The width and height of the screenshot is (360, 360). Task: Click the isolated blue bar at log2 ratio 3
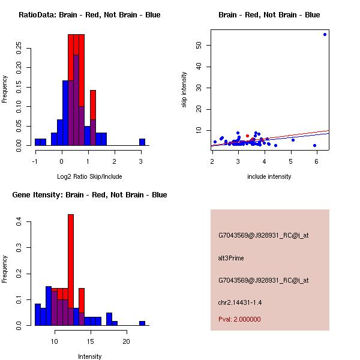click(x=142, y=142)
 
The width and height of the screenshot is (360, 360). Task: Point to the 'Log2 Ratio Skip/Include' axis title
click(x=89, y=176)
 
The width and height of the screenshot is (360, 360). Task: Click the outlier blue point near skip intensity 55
click(x=325, y=34)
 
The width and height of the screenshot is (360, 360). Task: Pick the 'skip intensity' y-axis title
click(x=184, y=90)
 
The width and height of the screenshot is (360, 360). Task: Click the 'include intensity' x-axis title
click(x=269, y=176)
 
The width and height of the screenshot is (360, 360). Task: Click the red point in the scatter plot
click(x=247, y=136)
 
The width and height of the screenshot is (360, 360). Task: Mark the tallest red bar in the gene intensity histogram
click(x=71, y=270)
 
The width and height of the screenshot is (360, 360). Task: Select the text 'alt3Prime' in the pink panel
click(x=231, y=258)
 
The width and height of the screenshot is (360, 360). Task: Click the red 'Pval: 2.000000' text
click(x=239, y=319)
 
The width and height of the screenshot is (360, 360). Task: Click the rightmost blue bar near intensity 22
click(x=142, y=323)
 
